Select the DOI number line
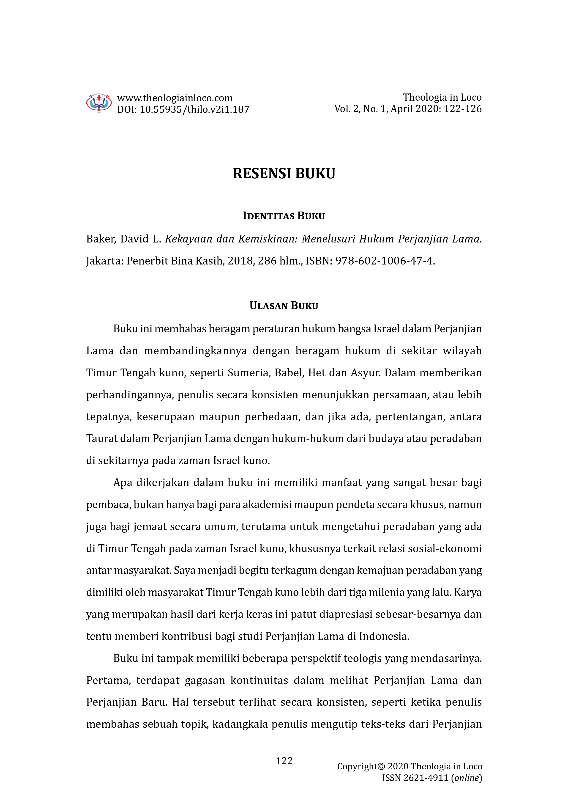(x=183, y=110)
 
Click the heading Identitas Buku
(x=284, y=216)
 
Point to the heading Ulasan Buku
(x=284, y=306)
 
